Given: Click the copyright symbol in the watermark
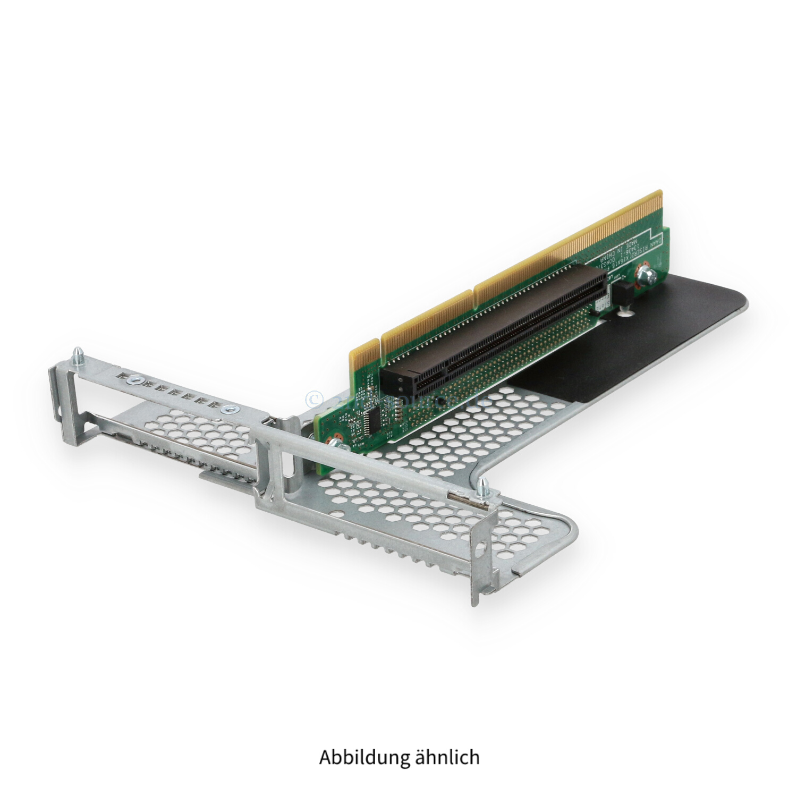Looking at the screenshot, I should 313,398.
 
